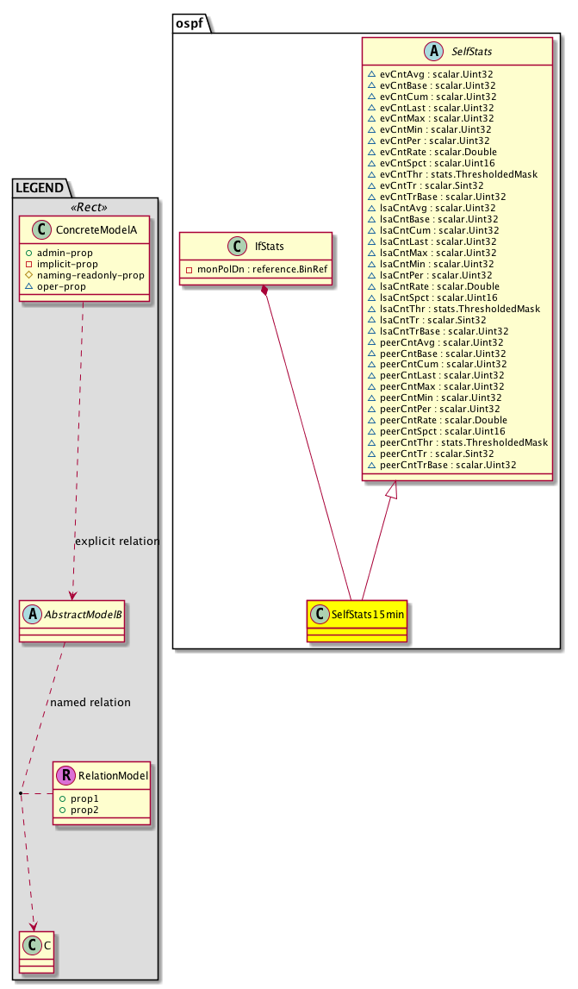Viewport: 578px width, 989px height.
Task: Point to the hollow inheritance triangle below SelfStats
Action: pyautogui.click(x=392, y=491)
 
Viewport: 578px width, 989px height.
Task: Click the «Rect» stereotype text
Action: pyautogui.click(x=84, y=206)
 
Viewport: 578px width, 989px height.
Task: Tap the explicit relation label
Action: pyautogui.click(x=117, y=541)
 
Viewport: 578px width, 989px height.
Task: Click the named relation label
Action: pyautogui.click(x=90, y=702)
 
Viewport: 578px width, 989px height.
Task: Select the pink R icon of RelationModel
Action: pyautogui.click(x=65, y=775)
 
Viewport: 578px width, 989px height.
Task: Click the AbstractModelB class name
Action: pyautogui.click(x=81, y=615)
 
